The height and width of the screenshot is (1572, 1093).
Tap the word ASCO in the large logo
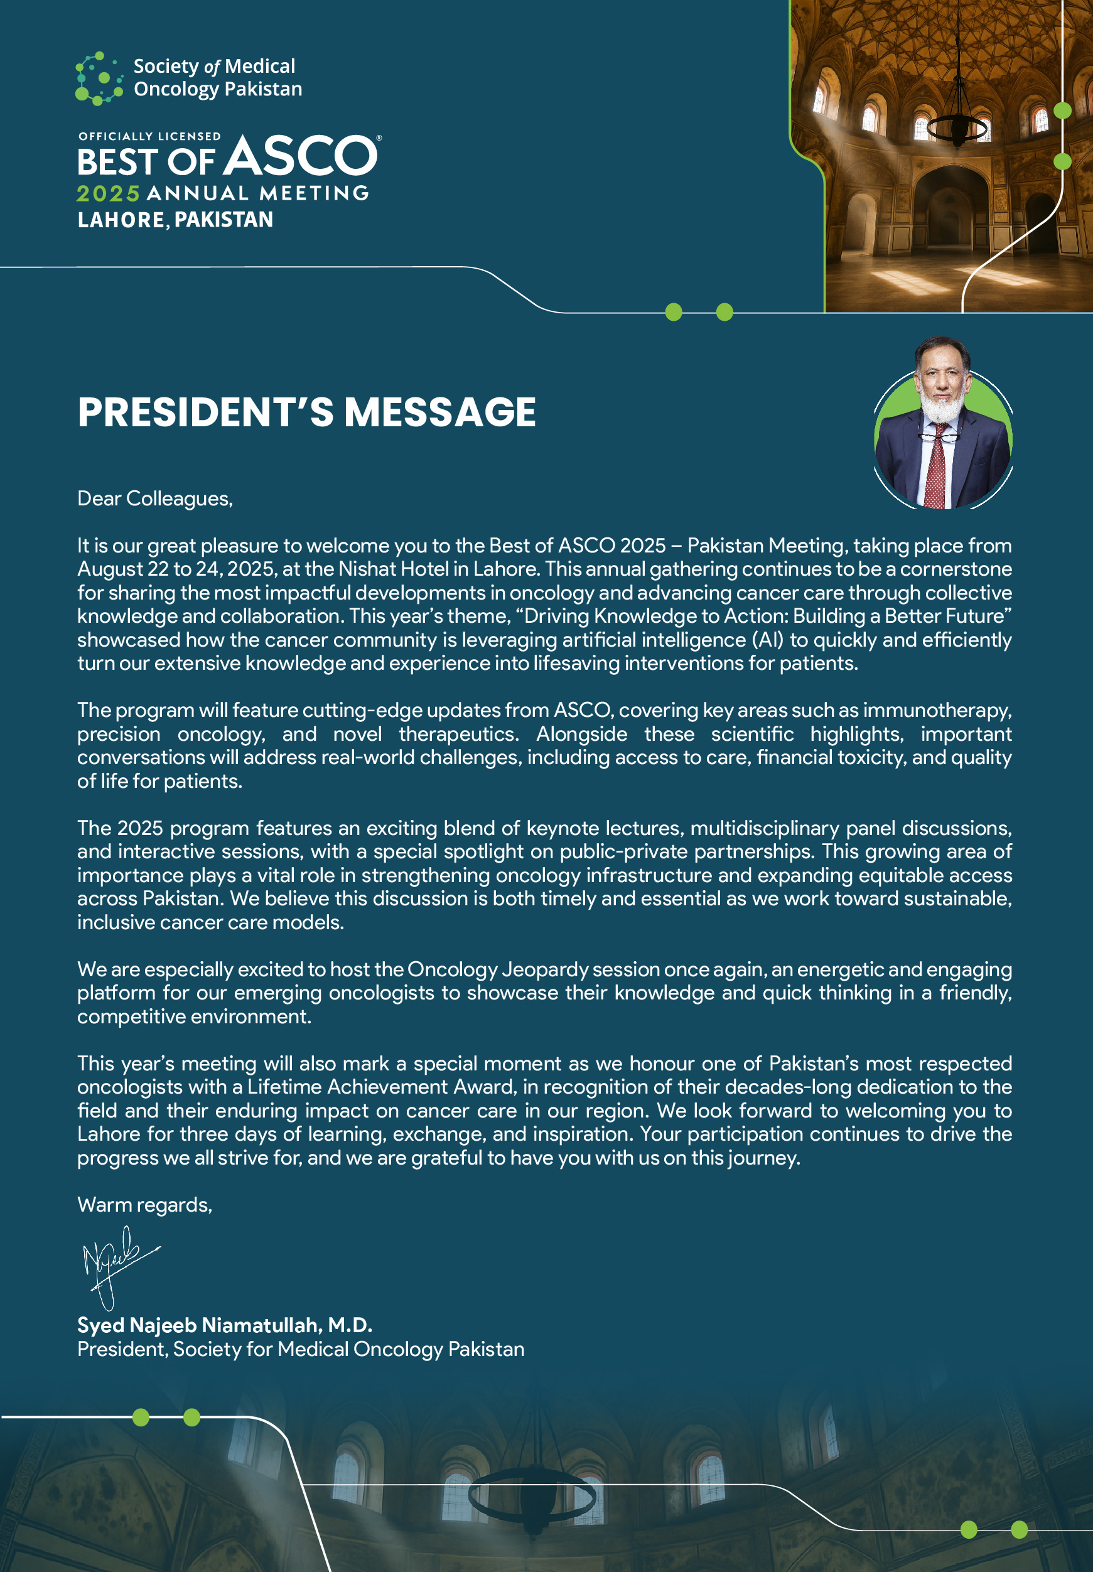301,156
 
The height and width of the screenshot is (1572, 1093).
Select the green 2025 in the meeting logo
108,194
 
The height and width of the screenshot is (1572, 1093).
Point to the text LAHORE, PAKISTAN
175,220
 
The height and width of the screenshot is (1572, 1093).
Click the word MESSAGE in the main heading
439,412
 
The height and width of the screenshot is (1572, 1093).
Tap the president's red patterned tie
936,469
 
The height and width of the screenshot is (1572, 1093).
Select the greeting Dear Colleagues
155,498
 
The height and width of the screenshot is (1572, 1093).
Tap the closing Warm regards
144,1204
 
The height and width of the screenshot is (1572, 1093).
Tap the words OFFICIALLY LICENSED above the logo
149,136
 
